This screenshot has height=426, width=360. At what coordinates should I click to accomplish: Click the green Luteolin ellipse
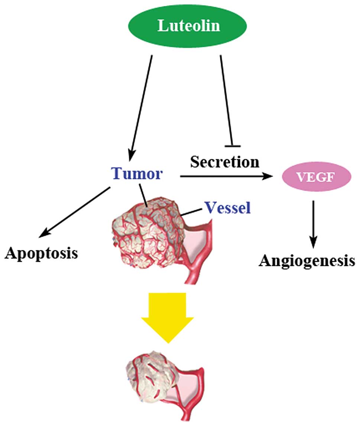187,26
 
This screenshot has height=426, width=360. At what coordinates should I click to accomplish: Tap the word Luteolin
189,26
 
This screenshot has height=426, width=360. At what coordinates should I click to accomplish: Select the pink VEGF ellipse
317,177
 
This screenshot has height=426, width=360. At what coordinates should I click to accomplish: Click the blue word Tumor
137,173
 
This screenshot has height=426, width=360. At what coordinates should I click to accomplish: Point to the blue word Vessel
228,208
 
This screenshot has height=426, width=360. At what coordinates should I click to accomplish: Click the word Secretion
225,162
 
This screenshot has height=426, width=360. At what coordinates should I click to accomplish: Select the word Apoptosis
41,253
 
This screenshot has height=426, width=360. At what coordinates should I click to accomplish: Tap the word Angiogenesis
307,261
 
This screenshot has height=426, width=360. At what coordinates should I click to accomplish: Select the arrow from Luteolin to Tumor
141,108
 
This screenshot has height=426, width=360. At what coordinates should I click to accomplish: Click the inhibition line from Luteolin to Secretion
226,101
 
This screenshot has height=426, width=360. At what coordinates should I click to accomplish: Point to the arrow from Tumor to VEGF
226,176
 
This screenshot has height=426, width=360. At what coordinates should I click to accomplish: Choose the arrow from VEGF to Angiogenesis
313,224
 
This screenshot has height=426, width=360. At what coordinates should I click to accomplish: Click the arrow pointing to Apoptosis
75,212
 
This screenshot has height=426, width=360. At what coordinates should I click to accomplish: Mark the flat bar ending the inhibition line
233,146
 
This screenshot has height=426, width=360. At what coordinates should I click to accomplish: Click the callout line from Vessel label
192,212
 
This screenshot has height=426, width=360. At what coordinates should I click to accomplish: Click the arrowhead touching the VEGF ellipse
267,176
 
